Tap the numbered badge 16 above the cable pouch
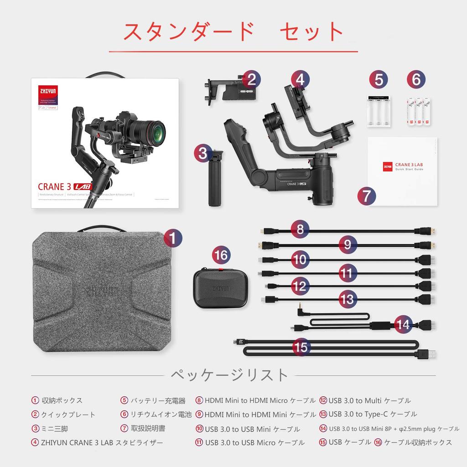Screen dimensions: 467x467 point(221,255)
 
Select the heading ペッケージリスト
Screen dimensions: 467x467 point(229,375)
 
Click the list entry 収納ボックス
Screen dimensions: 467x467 point(62,400)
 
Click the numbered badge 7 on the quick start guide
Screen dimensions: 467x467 point(367,196)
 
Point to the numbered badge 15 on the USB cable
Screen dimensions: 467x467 point(301,347)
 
